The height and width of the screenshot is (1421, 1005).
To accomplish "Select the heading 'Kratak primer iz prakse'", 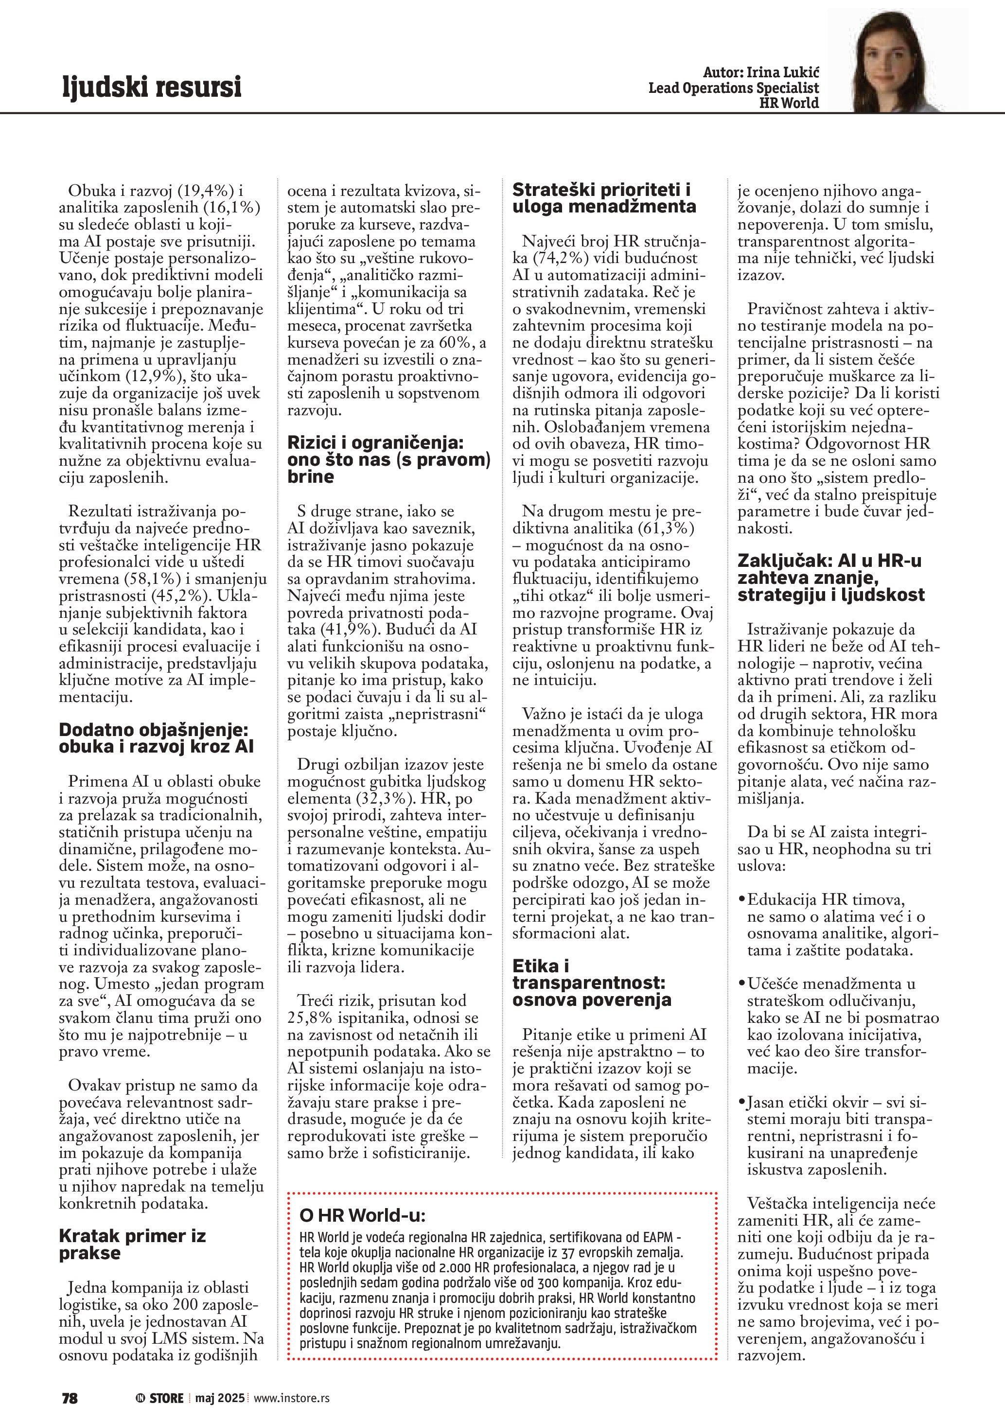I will pyautogui.click(x=132, y=1244).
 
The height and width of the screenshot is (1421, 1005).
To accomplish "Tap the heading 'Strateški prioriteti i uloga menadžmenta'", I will pyautogui.click(x=603, y=198).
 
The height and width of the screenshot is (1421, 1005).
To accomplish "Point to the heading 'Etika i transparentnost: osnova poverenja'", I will pyautogui.click(x=591, y=983).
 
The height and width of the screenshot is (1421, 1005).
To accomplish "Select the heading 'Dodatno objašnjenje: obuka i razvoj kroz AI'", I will pyautogui.click(x=156, y=738).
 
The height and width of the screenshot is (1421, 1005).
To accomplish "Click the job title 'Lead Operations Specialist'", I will pyautogui.click(x=733, y=88).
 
